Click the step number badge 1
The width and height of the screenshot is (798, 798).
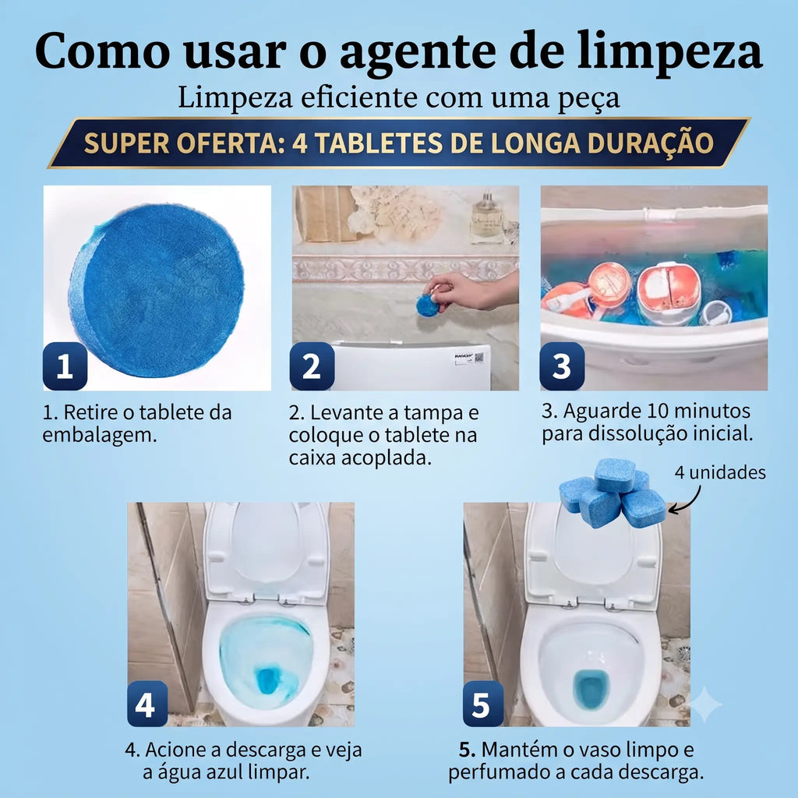[x=65, y=366]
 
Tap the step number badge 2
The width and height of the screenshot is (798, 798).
[x=312, y=366]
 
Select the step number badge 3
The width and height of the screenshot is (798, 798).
[x=562, y=366]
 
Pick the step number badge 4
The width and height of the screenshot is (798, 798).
[x=147, y=704]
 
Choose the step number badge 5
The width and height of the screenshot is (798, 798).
[x=483, y=704]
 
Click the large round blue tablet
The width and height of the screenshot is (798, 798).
[x=156, y=290]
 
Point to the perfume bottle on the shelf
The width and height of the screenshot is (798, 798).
[x=486, y=218]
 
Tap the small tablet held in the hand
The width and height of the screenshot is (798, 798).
[x=427, y=305]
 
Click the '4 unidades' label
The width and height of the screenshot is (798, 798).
[x=720, y=472]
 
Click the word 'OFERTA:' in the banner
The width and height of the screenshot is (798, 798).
[x=230, y=143]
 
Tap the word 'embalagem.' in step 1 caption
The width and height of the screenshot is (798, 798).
[x=100, y=435]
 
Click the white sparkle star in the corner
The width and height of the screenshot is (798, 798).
[x=704, y=704]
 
